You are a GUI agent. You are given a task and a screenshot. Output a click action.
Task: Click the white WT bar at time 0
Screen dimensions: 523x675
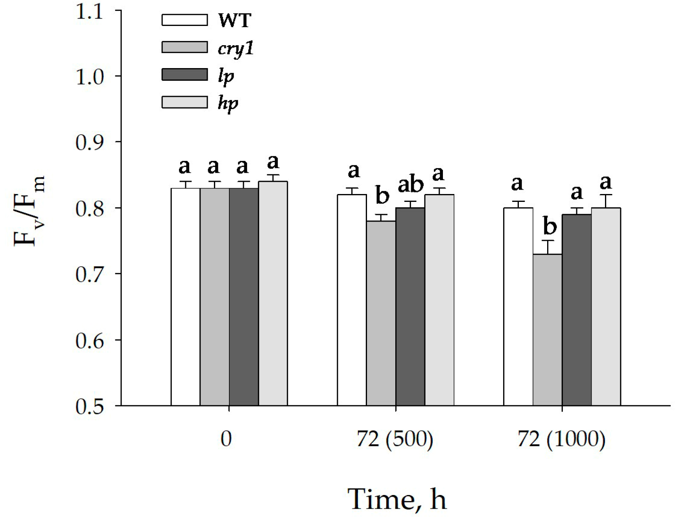pos(185,297)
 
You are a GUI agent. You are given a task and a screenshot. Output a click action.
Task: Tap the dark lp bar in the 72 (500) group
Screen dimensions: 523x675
pos(410,307)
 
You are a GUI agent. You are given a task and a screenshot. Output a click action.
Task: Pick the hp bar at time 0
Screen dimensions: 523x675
pos(273,294)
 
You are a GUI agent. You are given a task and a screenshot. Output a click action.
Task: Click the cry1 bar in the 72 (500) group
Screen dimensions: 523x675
pos(381,313)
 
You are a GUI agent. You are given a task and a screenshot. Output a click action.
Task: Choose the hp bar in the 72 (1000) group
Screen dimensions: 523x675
pos(605,307)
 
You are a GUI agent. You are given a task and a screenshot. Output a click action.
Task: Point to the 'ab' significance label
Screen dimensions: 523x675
pos(410,185)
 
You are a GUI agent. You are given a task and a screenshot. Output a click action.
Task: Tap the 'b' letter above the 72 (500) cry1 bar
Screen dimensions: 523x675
pos(382,195)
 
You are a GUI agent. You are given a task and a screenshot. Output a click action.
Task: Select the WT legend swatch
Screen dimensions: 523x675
pos(184,20)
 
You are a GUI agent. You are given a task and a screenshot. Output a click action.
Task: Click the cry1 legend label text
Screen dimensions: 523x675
pos(235,48)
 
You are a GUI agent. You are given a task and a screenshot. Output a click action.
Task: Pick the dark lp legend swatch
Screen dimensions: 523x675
pos(184,74)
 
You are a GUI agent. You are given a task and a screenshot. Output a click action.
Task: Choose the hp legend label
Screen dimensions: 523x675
pos(228,103)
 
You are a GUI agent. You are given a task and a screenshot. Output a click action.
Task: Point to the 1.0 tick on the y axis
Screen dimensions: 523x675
pos(89,77)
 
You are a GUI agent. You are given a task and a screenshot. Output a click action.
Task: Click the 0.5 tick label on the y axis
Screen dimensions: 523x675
pos(89,406)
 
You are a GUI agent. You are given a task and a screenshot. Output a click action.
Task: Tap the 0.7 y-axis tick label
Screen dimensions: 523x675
pos(89,274)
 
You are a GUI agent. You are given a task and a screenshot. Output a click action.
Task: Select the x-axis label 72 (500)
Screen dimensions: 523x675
pos(395,439)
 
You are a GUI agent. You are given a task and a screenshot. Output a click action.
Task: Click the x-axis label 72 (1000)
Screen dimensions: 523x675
pos(561,439)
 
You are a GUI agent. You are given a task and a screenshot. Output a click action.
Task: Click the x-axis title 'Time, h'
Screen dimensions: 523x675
pos(397,499)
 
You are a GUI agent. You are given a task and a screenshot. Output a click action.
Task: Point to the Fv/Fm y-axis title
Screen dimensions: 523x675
pos(30,211)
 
